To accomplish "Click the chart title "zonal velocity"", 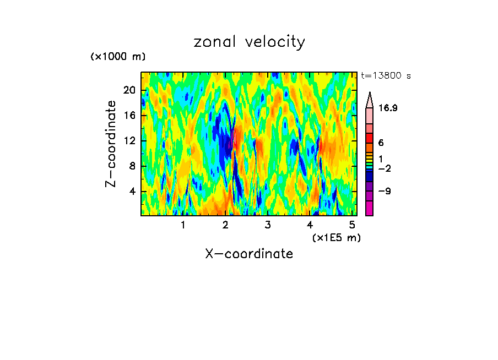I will [249, 42].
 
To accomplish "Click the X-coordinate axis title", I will [249, 254].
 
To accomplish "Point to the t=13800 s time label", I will [386, 76].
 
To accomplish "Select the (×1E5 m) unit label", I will [336, 237].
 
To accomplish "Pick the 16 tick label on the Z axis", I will [130, 116].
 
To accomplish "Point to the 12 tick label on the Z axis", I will [130, 141].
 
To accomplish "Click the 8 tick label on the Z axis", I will [133, 166].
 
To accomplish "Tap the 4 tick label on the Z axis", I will [133, 192].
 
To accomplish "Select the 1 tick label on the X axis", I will [183, 225].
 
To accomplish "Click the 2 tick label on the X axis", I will [225, 225].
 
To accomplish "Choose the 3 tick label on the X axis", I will [267, 225].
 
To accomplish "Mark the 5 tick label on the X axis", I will [351, 225].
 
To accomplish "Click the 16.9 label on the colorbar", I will [388, 108].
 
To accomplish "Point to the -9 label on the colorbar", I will [385, 192].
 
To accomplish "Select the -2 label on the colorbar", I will [385, 168].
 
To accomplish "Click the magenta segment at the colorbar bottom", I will [370, 209].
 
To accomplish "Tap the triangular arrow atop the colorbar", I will [370, 100].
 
